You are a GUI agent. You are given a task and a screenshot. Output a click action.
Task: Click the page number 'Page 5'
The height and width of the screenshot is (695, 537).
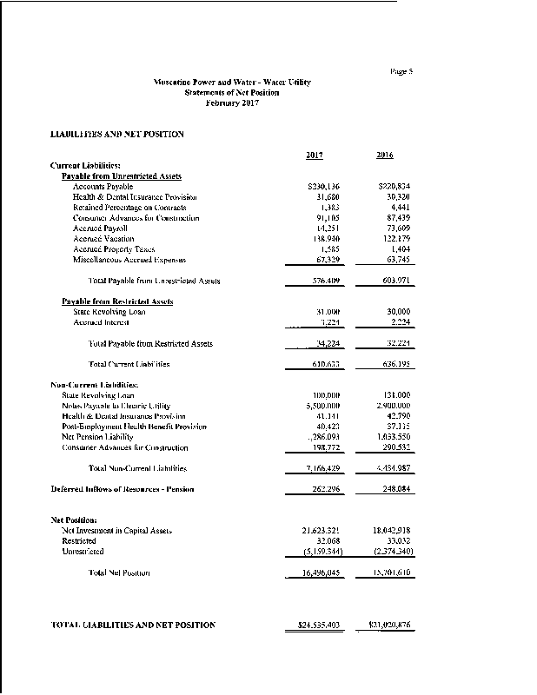[x=400, y=71]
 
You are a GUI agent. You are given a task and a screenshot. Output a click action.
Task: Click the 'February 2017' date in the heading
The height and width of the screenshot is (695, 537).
[x=231, y=103]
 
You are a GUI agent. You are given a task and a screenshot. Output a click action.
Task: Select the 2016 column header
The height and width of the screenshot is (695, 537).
[x=385, y=156]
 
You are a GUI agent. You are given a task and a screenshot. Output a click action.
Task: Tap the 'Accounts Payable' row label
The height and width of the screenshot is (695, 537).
[x=103, y=187]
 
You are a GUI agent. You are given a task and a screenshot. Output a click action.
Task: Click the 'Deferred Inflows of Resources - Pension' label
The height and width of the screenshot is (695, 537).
[x=123, y=489]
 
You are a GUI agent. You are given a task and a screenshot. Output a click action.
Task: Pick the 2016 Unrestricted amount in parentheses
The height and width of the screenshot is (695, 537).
[x=390, y=552]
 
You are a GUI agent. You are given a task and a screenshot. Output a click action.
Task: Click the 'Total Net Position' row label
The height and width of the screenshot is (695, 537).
[x=120, y=573]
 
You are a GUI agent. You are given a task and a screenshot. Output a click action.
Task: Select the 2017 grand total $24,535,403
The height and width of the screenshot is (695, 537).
[x=314, y=625]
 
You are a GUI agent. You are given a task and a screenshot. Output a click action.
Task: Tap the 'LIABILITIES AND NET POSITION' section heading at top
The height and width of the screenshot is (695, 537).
[x=117, y=134]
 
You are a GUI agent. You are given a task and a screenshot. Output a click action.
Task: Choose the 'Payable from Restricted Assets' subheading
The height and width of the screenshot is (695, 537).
[x=117, y=301]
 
